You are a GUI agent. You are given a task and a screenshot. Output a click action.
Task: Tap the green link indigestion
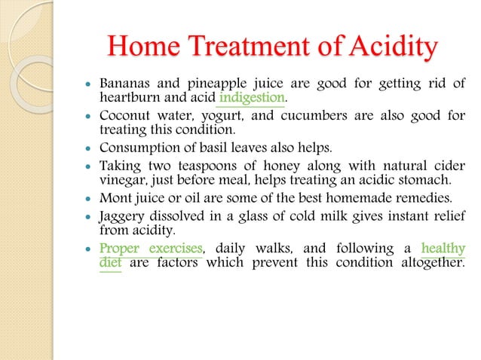click(252, 98)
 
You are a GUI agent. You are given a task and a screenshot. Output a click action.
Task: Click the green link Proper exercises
click(151, 248)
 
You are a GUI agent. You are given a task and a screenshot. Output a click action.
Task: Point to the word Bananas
click(124, 84)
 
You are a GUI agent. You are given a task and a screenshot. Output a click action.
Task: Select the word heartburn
click(129, 98)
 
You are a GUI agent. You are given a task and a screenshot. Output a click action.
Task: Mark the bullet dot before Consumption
click(89, 148)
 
